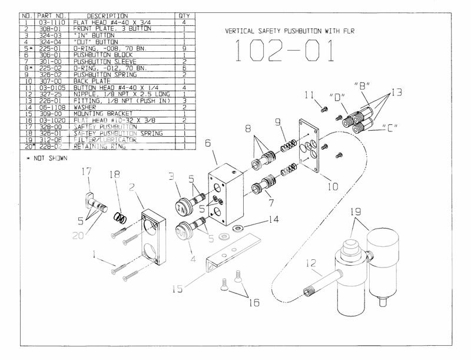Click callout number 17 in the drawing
pyautogui.click(x=88, y=171)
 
